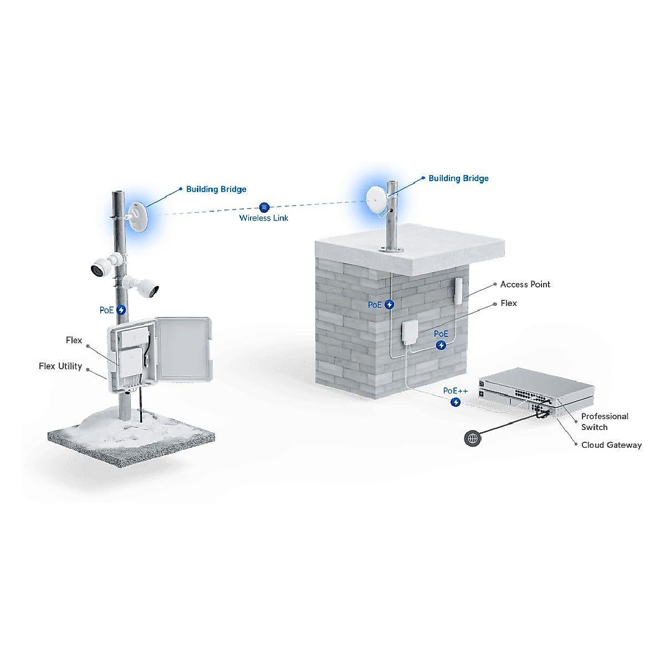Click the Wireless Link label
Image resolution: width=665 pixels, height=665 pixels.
click(x=264, y=218)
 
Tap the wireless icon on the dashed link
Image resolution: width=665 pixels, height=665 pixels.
click(x=264, y=206)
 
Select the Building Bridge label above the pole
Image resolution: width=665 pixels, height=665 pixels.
click(x=216, y=189)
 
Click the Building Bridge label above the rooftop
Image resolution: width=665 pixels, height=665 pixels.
click(x=458, y=178)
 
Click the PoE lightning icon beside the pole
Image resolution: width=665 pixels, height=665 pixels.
click(x=121, y=310)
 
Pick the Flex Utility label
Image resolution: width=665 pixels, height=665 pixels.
click(x=60, y=366)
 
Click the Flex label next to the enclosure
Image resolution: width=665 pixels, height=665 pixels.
click(x=74, y=340)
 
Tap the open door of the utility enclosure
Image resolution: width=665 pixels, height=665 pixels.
click(x=183, y=349)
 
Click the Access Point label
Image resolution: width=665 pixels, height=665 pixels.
click(x=525, y=284)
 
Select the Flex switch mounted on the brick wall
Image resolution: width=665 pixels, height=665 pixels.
click(x=410, y=336)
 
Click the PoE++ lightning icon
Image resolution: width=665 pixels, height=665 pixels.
click(x=456, y=402)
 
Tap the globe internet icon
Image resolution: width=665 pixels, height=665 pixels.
click(x=473, y=438)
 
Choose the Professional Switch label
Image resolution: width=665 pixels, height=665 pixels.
click(x=604, y=422)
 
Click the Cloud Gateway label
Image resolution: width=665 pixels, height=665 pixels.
click(x=611, y=445)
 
